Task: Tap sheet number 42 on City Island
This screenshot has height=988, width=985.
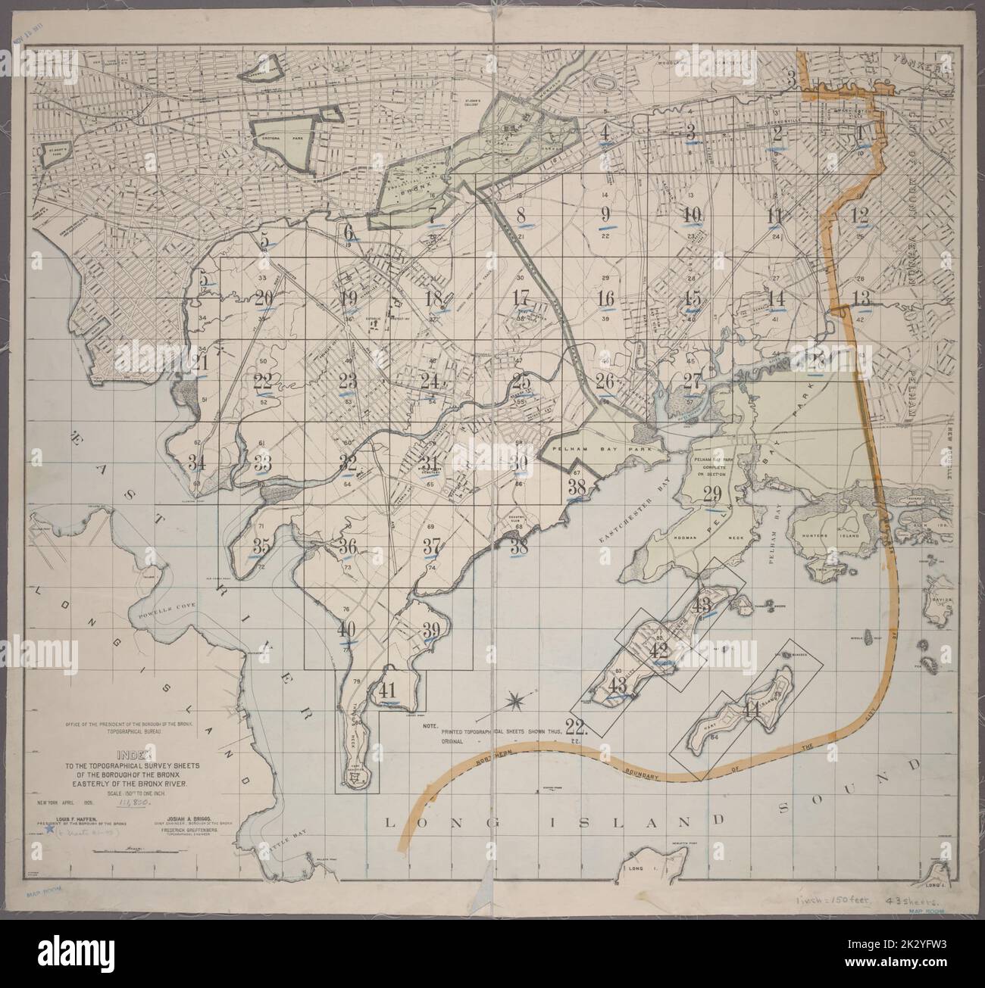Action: pyautogui.click(x=658, y=651)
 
